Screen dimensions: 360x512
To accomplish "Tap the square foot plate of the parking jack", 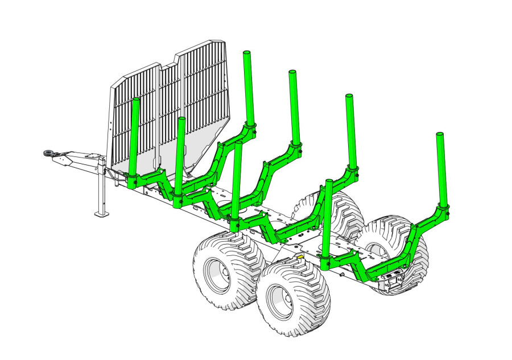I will tap(101, 213).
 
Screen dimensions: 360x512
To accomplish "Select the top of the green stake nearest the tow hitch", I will tap(136, 101).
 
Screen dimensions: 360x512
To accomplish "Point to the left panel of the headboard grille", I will tap(134, 114).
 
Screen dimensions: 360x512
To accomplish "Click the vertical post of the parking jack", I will tap(101, 188).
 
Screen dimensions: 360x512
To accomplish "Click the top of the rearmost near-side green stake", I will tap(328, 182).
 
